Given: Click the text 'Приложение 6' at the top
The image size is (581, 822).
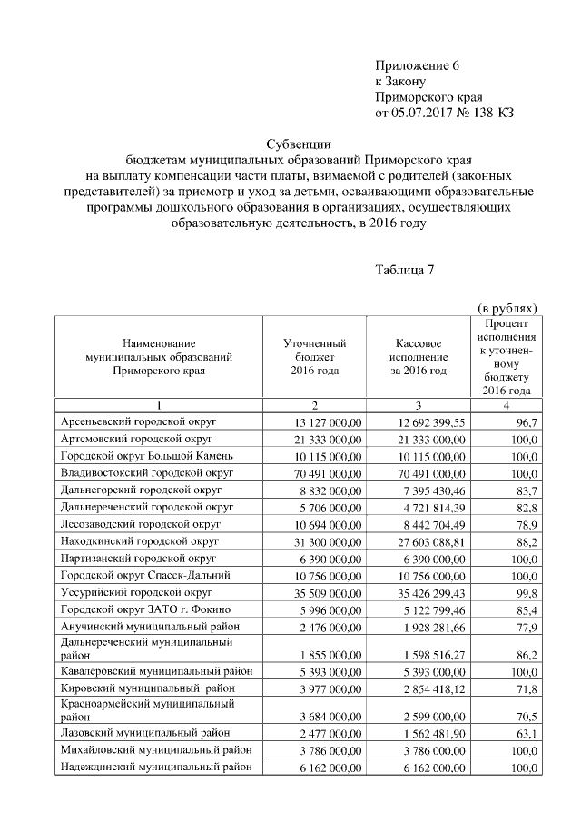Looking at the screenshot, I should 419,64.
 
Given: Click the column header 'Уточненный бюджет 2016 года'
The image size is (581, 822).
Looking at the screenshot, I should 314,357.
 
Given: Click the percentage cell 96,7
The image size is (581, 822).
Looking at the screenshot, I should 524,423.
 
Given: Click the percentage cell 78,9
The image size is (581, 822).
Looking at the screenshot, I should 524,523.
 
